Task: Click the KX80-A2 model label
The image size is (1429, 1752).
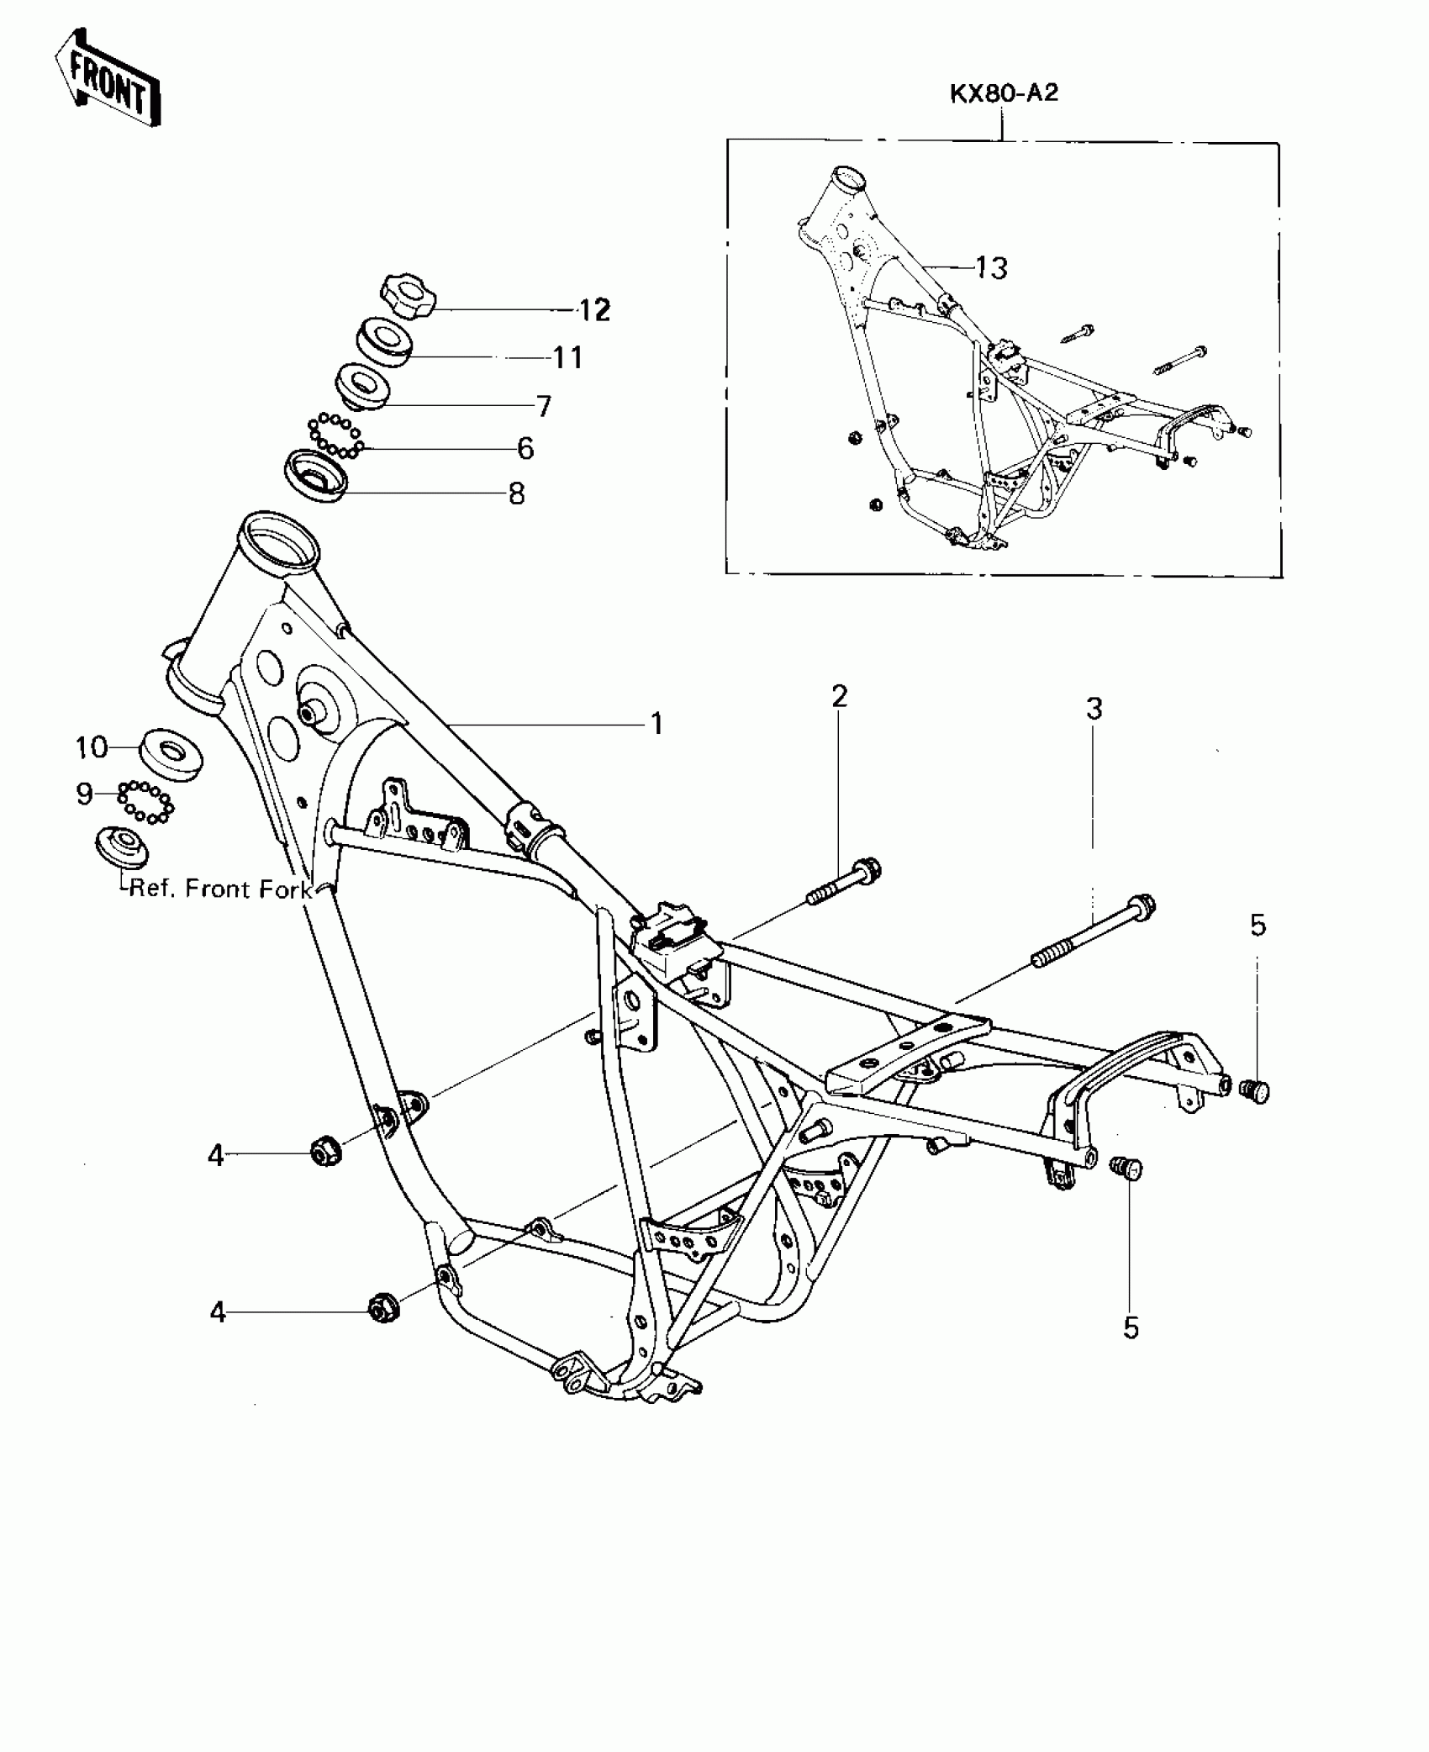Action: click(1004, 92)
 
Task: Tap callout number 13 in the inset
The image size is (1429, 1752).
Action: click(991, 267)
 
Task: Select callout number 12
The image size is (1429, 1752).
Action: click(594, 310)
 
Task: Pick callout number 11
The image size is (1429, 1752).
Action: click(567, 358)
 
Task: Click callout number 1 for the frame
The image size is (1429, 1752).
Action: click(657, 723)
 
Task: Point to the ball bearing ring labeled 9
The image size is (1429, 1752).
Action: click(145, 800)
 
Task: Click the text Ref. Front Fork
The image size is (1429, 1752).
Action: click(220, 889)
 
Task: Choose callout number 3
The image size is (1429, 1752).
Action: click(1094, 709)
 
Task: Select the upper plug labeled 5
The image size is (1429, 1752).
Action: click(1254, 1090)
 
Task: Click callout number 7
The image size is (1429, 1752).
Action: click(544, 406)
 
